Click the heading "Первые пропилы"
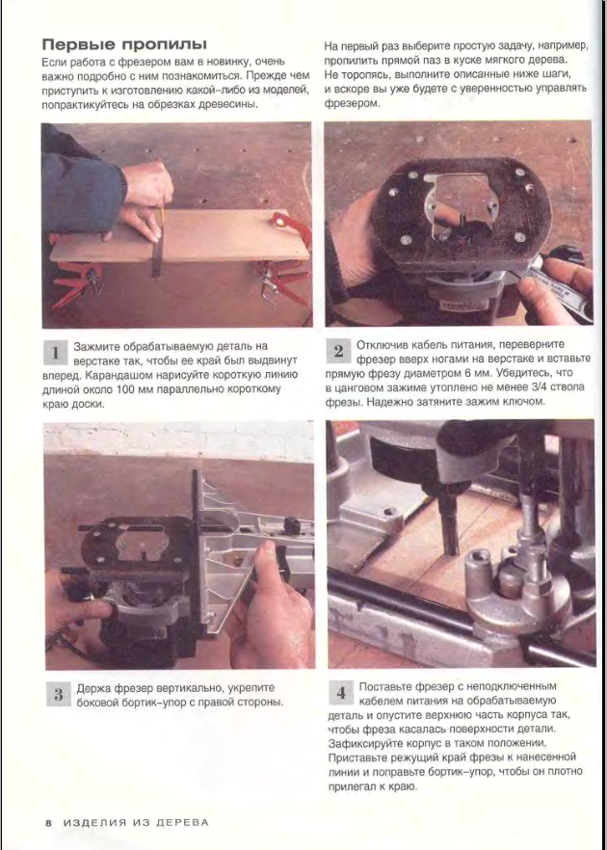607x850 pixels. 124,44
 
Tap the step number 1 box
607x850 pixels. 55,353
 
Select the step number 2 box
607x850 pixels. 338,352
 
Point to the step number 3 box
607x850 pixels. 58,695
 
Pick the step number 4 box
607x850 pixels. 341,693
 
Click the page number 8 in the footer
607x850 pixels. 48,822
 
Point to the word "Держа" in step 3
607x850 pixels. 92,688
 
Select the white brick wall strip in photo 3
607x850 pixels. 179,439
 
